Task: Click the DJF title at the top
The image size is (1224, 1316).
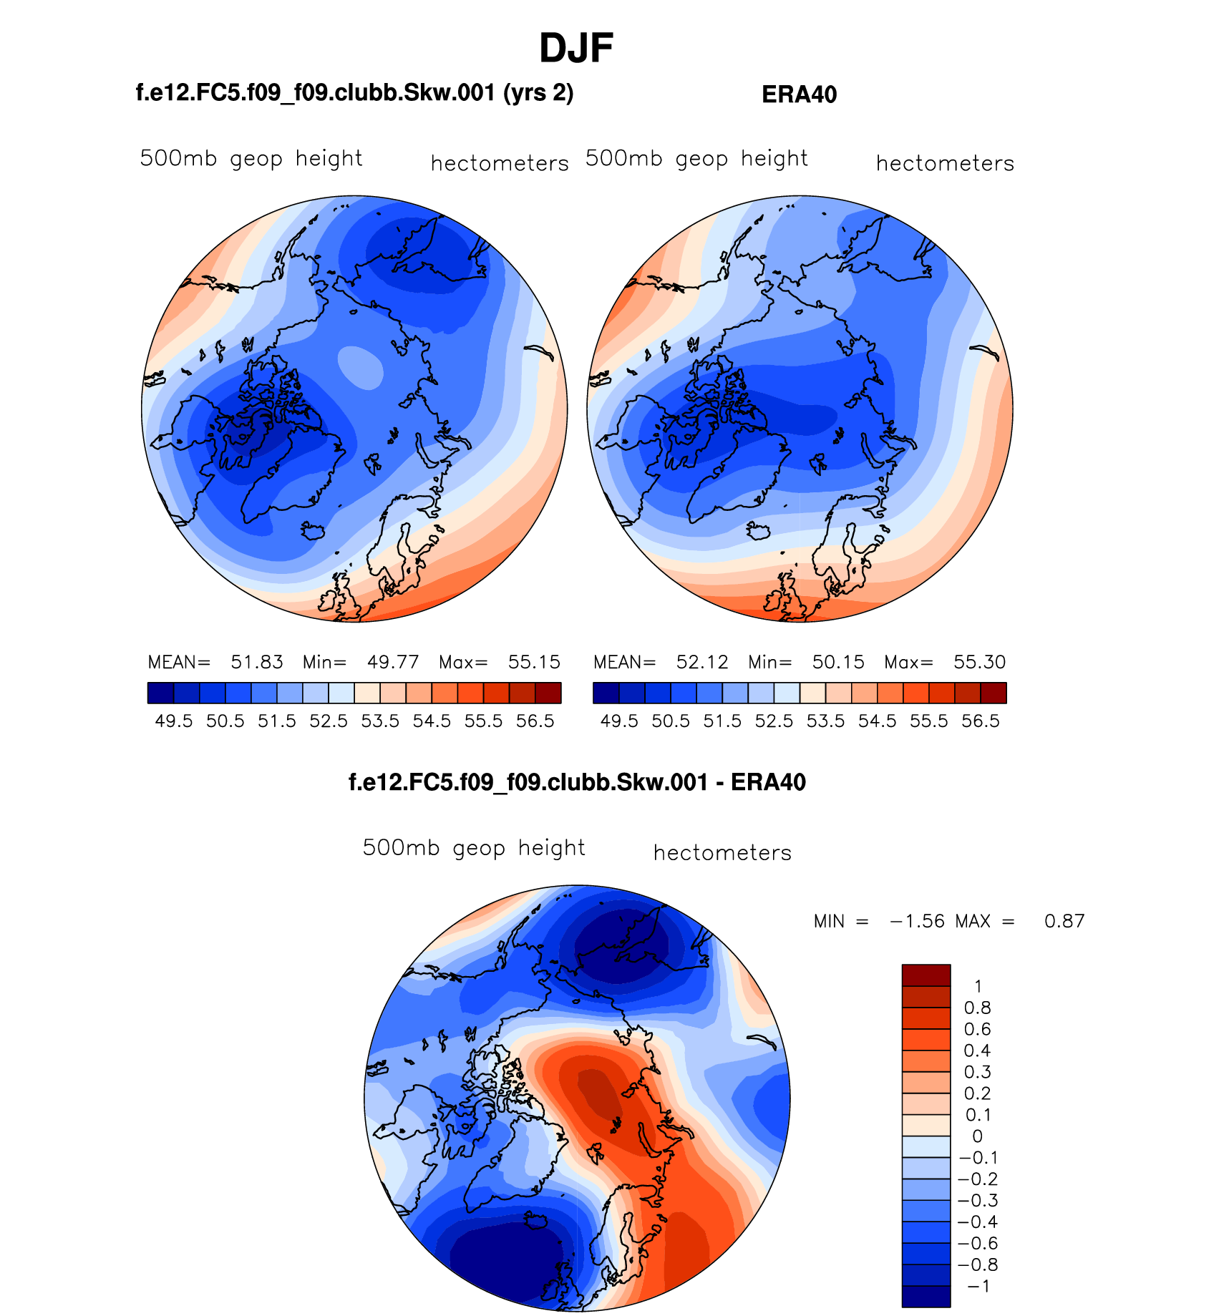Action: (575, 49)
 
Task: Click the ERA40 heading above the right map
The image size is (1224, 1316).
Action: (799, 94)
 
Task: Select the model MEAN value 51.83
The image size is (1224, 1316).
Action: (257, 662)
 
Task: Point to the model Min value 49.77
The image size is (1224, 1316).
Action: (393, 662)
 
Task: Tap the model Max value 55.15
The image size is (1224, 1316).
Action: (534, 662)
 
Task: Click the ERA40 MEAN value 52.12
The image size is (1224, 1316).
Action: (702, 662)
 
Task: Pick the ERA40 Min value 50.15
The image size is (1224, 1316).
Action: (838, 662)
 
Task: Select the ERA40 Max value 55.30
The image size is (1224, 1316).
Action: (979, 662)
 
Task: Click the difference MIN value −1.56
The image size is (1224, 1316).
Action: (917, 921)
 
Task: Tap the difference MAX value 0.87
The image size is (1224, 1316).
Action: (1064, 921)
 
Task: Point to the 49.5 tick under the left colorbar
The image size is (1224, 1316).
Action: (174, 721)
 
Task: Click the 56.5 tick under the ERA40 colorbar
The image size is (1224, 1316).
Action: (981, 721)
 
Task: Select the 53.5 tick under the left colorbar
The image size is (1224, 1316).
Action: (380, 721)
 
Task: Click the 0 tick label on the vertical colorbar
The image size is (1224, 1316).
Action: (977, 1136)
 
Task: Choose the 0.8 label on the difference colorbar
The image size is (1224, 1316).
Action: (977, 1008)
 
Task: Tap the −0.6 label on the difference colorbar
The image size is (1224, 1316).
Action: (977, 1244)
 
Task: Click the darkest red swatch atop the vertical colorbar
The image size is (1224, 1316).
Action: (926, 975)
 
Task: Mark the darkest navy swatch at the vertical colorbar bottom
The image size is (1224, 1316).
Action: (926, 1297)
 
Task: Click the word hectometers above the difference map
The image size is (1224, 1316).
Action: (722, 853)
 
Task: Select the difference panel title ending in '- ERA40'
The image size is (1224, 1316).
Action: (577, 782)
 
